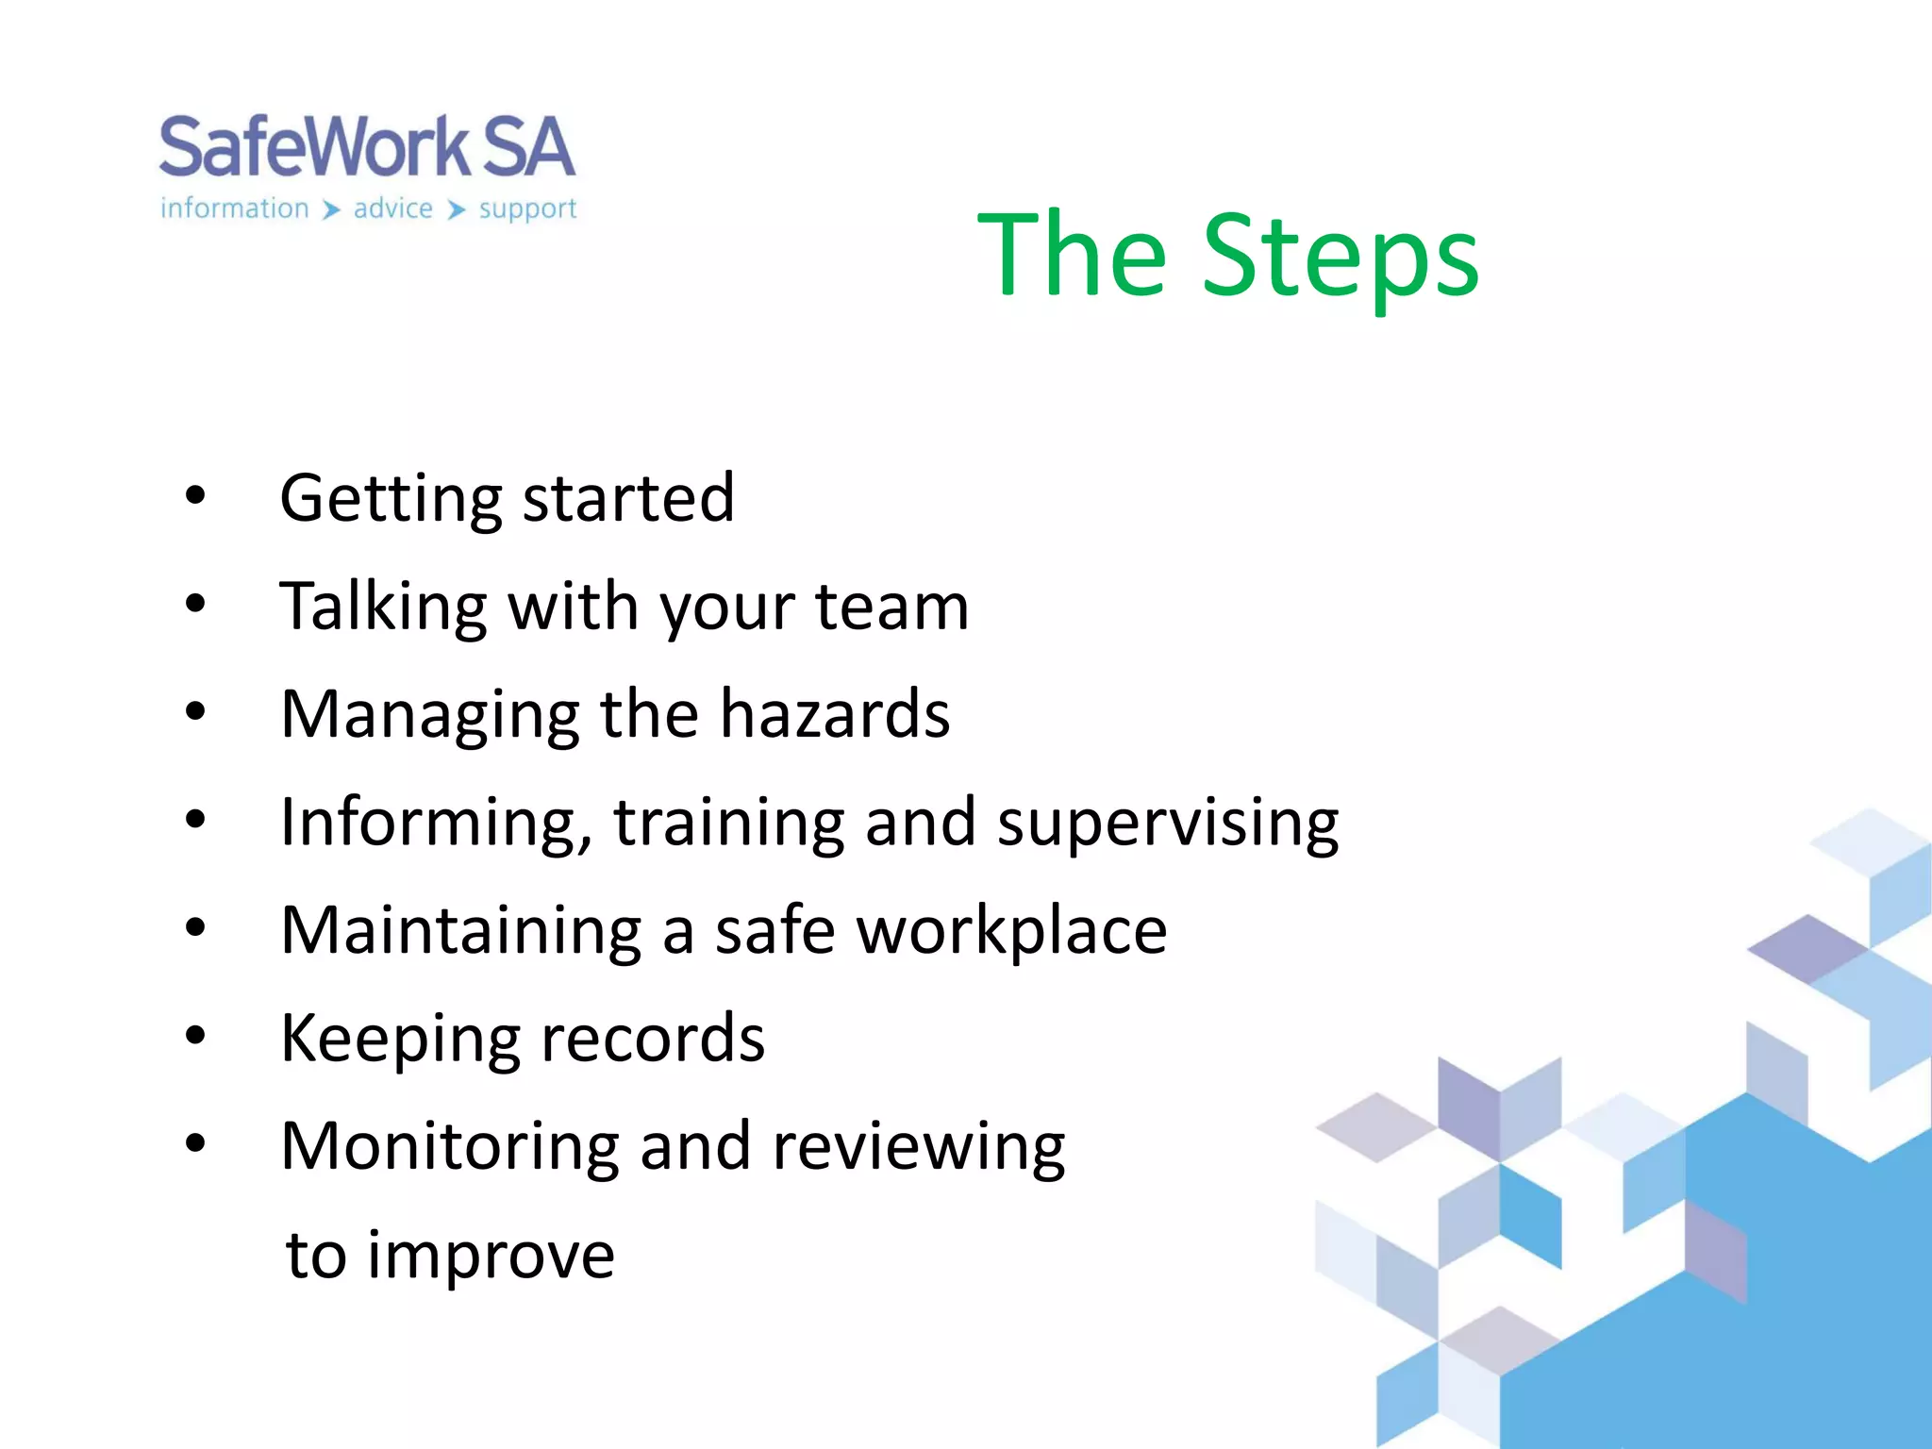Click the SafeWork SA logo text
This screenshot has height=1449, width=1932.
[x=366, y=148]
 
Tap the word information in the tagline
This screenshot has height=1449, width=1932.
[x=234, y=208]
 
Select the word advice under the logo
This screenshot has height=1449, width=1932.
[x=392, y=208]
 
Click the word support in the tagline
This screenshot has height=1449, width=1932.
[x=526, y=209]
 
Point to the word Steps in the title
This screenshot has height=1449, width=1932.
[x=1340, y=257]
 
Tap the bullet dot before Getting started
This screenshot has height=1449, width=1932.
[x=195, y=496]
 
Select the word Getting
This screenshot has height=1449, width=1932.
[x=391, y=499]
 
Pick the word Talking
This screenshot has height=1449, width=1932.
[x=383, y=608]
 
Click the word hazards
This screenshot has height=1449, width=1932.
[x=834, y=714]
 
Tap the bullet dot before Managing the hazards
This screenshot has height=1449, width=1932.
[x=195, y=712]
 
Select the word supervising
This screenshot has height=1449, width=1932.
[x=1167, y=824]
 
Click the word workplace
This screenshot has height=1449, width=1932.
[x=1010, y=932]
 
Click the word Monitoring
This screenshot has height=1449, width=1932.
[x=449, y=1147]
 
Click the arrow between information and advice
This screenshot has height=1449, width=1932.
[x=330, y=209]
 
